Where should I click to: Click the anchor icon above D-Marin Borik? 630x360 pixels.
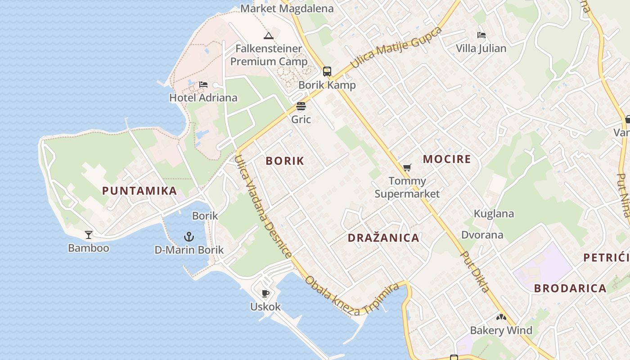coord(189,237)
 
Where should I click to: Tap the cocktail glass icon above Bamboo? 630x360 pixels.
coord(89,234)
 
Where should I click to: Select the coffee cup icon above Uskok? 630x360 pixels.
coord(265,294)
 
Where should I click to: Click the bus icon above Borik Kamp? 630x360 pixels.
coord(327,71)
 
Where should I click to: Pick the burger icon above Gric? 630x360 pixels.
coord(301,107)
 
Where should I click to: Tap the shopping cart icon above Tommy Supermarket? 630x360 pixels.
coord(407,168)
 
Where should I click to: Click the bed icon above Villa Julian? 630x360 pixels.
coord(481,35)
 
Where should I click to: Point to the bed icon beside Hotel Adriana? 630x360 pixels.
coord(203,85)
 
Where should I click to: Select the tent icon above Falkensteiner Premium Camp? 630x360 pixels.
coord(269,36)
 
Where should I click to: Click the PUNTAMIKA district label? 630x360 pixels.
coord(139,191)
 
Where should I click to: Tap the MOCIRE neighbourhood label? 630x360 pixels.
coord(447,159)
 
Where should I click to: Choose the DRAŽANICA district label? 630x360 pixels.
coord(383,238)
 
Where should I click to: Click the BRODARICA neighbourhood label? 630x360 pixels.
coord(570,288)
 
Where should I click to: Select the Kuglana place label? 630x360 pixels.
coord(494,214)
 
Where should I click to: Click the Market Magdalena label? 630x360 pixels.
coord(287,9)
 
